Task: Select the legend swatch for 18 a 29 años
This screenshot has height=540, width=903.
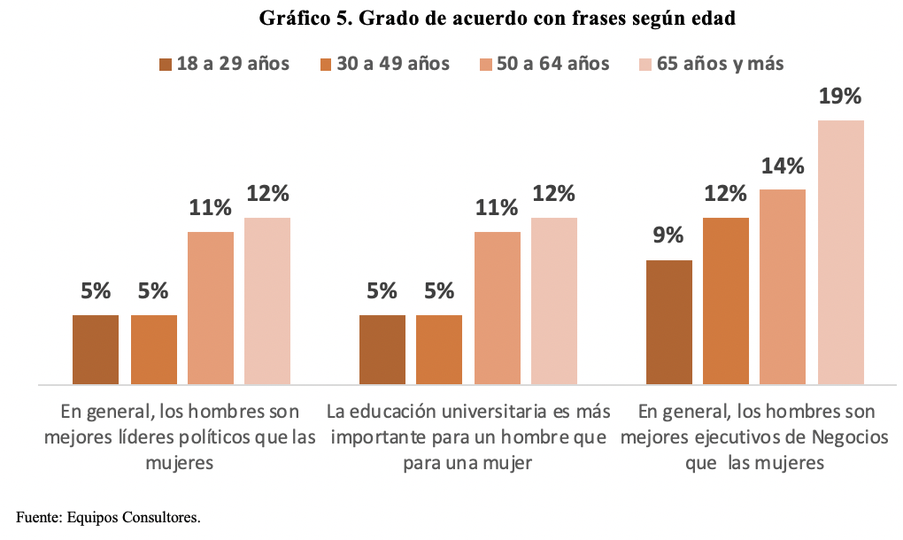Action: pos(166,64)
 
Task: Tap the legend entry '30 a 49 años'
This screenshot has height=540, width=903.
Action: pos(393,64)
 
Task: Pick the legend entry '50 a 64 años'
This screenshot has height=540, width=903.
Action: pos(552,64)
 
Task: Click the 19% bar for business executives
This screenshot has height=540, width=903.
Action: pos(840,252)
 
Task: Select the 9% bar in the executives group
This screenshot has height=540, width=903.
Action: pos(668,322)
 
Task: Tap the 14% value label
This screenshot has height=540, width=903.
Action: pos(783,166)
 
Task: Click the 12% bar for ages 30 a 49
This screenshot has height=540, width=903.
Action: pos(726,301)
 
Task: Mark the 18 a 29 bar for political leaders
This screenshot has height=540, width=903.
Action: pos(96,350)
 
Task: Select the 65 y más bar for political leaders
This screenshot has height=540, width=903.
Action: pos(267,301)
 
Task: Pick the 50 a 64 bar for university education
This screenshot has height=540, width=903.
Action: pos(497,308)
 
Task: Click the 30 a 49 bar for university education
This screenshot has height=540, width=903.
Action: pos(439,350)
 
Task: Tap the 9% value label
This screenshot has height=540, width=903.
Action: pos(668,236)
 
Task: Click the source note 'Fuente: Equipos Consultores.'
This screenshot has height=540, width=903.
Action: pos(108,517)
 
